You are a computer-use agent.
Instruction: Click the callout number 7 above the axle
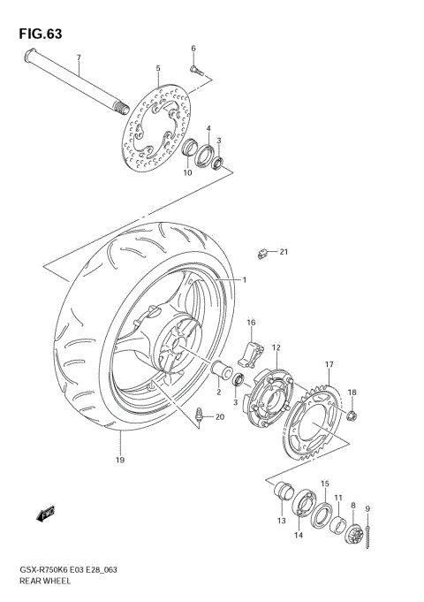[78, 58]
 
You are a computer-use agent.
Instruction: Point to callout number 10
[186, 173]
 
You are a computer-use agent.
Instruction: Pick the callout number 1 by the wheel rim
[245, 280]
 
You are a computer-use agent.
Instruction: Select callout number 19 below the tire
[118, 460]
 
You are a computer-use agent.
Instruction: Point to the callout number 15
[324, 484]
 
